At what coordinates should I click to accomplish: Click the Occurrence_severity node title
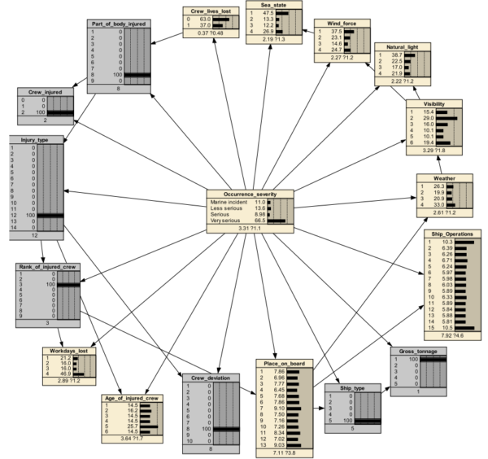click(x=247, y=194)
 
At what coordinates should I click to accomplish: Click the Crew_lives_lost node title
click(x=209, y=11)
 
